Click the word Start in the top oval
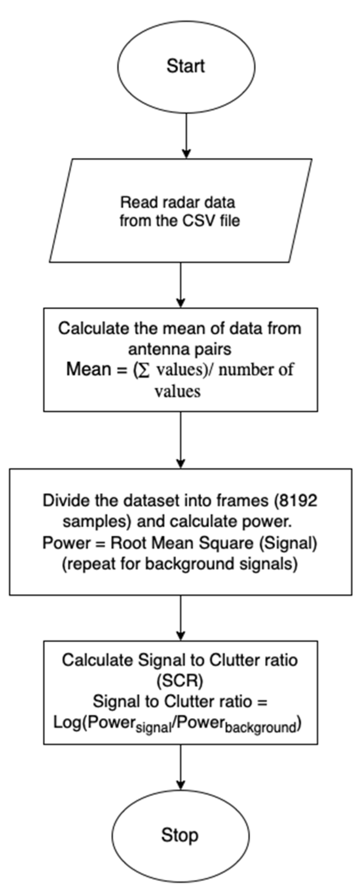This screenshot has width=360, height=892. click(x=186, y=67)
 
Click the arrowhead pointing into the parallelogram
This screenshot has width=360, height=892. click(x=186, y=154)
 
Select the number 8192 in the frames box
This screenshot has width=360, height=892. click(x=298, y=501)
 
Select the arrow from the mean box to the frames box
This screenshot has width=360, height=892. click(x=181, y=440)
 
